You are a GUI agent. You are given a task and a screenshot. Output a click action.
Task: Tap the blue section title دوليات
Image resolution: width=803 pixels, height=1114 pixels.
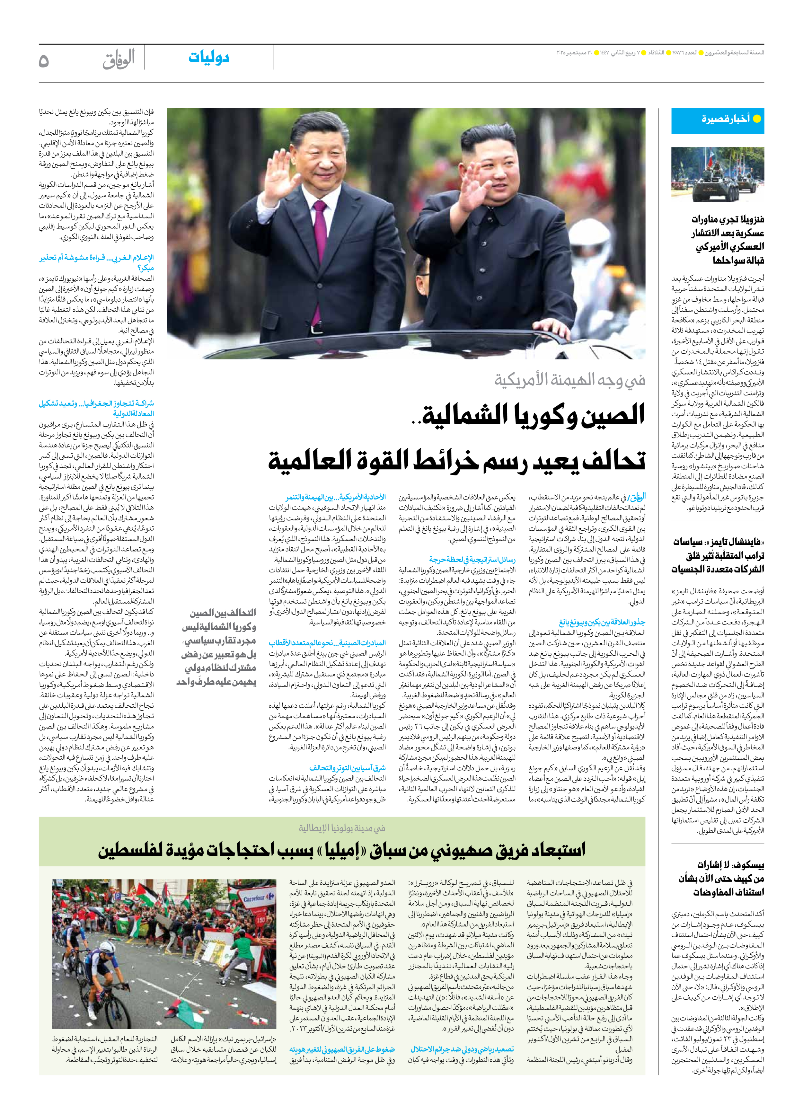click(209, 57)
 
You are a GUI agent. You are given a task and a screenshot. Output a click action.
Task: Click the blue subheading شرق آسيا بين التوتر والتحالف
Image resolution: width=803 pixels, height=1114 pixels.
click(347, 767)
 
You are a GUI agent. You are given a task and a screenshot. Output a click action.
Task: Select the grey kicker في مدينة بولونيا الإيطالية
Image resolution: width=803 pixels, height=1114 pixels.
click(342, 828)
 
